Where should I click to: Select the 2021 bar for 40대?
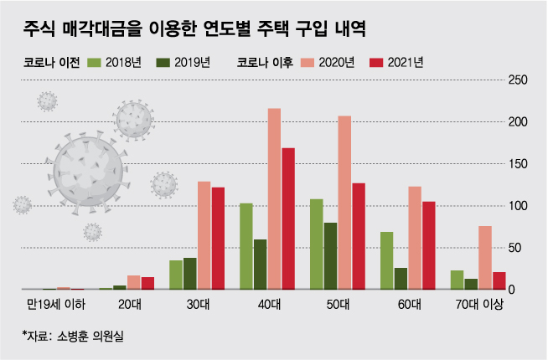pyautogui.click(x=288, y=219)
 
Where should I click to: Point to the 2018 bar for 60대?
pyautogui.click(x=386, y=260)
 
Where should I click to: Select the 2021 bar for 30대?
pyautogui.click(x=218, y=238)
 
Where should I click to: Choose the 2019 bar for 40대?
pyautogui.click(x=260, y=264)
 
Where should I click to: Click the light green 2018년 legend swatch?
pyautogui.click(x=94, y=62)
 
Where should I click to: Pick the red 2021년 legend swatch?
pyautogui.click(x=375, y=62)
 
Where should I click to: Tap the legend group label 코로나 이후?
pyautogui.click(x=265, y=62)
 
